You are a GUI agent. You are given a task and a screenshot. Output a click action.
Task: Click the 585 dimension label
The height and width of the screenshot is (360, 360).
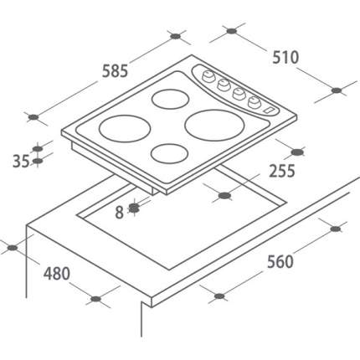(x=115, y=71)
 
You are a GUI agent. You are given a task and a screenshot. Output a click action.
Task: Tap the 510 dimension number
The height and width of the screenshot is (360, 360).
(x=285, y=58)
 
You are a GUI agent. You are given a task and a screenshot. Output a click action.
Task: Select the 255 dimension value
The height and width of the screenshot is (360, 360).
(x=282, y=171)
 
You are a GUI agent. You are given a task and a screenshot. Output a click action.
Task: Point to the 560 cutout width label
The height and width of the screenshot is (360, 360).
(x=280, y=261)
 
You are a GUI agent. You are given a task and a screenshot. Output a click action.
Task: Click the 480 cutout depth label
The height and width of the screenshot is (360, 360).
(x=57, y=274)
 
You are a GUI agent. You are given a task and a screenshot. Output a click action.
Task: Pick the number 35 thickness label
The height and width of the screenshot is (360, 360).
(x=21, y=161)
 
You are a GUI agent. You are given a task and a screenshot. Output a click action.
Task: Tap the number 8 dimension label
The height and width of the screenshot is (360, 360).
(x=119, y=213)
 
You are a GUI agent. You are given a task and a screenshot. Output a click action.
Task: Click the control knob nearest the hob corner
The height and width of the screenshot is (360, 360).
(x=208, y=76)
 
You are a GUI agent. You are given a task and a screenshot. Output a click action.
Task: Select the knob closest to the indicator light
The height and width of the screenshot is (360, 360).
(x=255, y=102)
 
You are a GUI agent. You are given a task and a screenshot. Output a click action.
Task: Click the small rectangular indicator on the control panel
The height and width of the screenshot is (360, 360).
(x=270, y=110)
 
